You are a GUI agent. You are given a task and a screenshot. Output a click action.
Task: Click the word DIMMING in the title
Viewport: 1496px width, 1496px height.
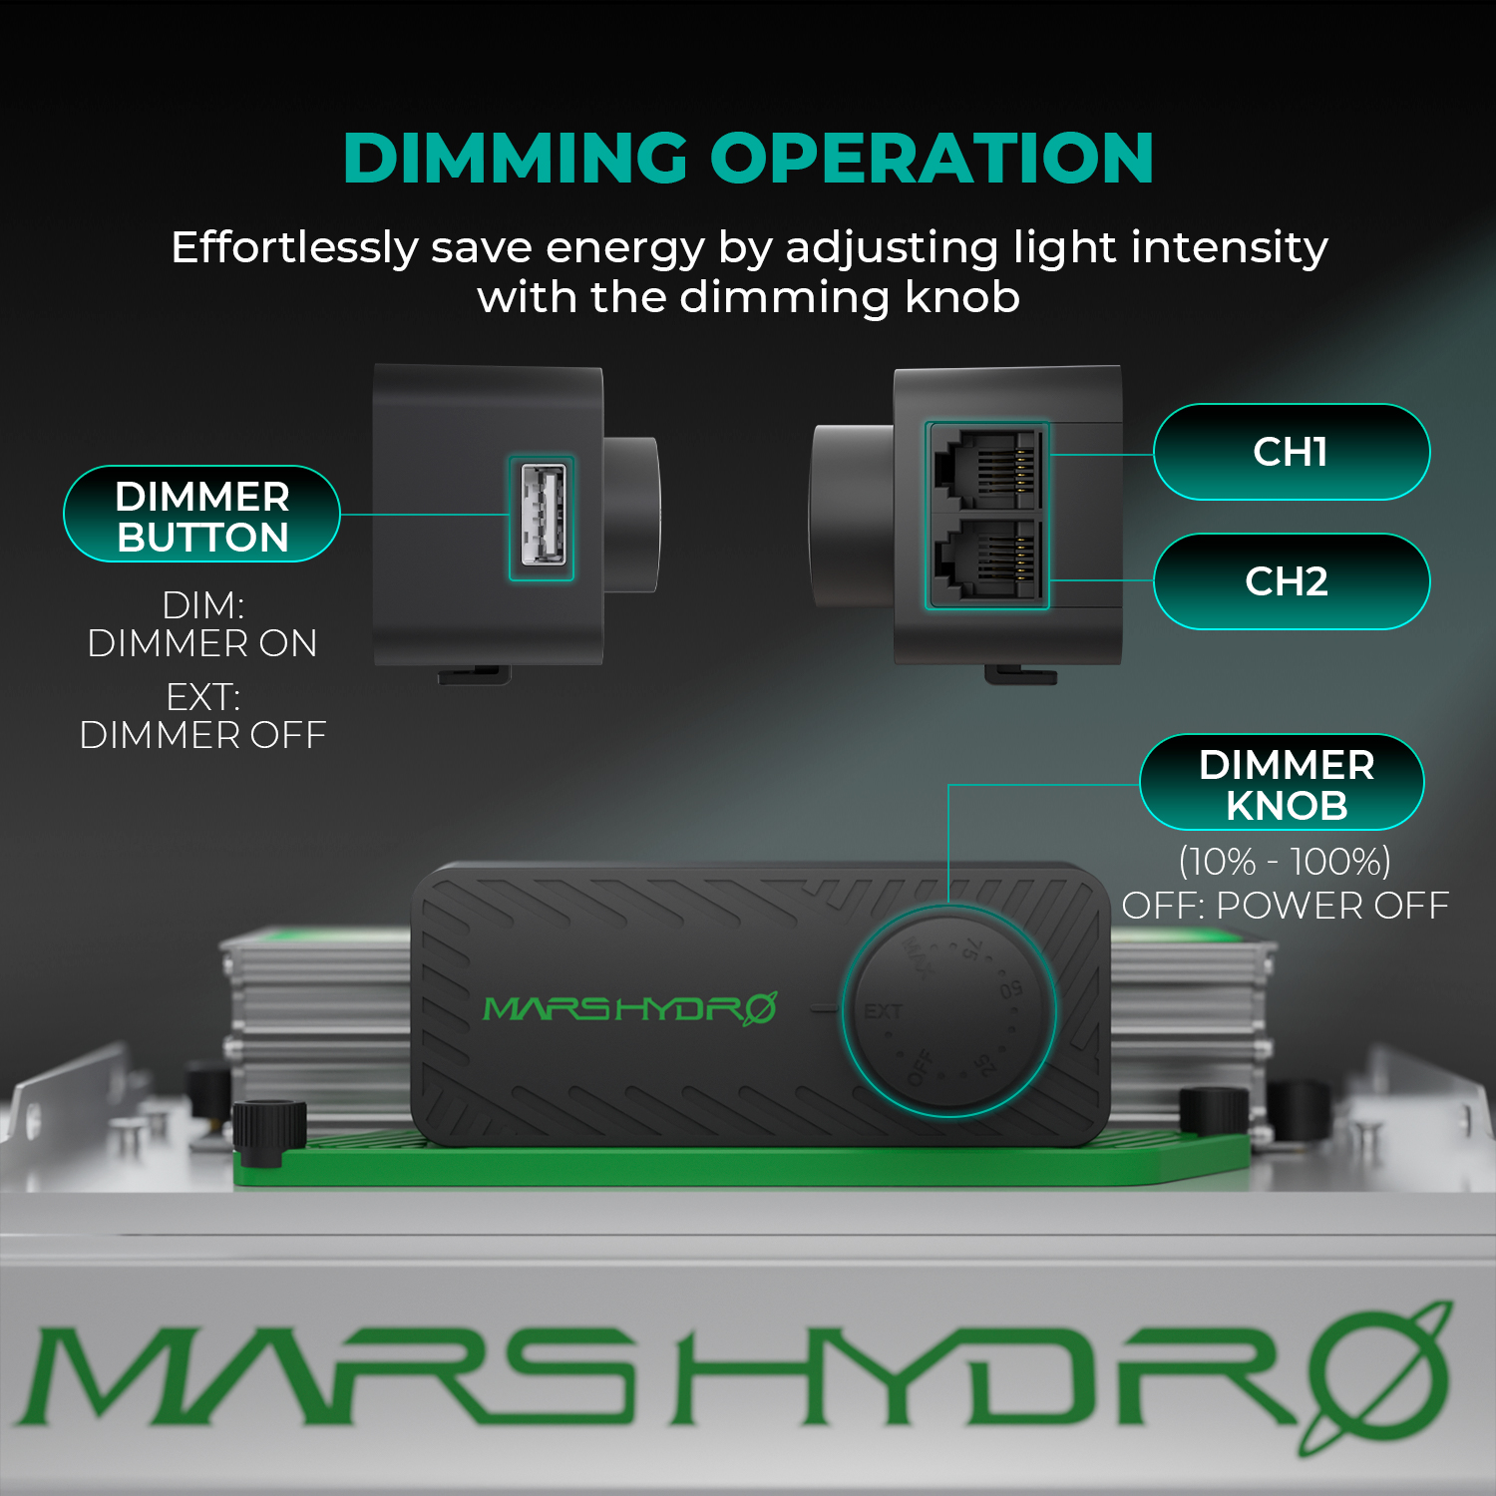click(x=515, y=159)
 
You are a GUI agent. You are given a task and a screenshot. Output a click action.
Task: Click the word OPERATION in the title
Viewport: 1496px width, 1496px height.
click(x=932, y=159)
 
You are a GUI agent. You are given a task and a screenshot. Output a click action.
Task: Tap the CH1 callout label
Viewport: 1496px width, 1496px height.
click(x=1291, y=452)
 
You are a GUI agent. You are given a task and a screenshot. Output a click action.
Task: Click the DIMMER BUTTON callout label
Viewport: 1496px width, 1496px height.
click(x=202, y=516)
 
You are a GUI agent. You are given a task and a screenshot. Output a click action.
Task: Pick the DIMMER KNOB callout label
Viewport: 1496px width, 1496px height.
click(x=1285, y=784)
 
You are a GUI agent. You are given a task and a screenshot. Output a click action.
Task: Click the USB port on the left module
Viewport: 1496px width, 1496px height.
click(x=543, y=516)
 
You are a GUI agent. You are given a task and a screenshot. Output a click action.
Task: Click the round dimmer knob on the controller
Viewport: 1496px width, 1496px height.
click(x=949, y=1010)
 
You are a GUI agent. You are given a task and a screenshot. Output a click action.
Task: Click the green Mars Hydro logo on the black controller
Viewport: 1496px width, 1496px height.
click(x=628, y=1009)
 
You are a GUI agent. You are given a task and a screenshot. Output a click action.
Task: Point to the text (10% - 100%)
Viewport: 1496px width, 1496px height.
click(x=1285, y=862)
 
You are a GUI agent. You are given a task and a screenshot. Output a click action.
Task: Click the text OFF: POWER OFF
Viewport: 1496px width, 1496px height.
click(x=1285, y=906)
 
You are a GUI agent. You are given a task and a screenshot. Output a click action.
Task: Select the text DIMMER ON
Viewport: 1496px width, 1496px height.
click(x=202, y=644)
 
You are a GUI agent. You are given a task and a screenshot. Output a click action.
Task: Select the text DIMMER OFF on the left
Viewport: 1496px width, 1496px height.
click(x=202, y=736)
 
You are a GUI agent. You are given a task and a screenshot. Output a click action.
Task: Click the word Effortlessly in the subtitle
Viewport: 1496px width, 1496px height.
click(x=294, y=247)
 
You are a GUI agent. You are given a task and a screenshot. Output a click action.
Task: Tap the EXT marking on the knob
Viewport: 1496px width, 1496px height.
click(x=883, y=1011)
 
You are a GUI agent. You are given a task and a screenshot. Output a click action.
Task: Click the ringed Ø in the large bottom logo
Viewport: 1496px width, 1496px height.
click(x=1376, y=1376)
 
